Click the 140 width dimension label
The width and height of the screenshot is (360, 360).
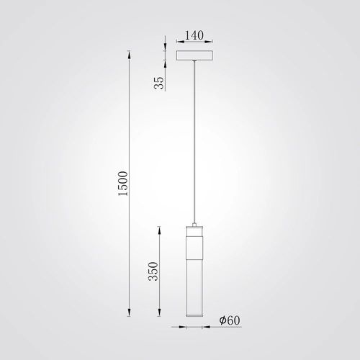[194, 35]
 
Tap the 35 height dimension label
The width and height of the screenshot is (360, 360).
[159, 83]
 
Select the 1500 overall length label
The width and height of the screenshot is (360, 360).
[123, 184]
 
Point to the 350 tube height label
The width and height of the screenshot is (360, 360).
[153, 271]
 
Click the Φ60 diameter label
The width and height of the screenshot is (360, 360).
[230, 320]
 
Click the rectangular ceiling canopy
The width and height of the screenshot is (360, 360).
[194, 55]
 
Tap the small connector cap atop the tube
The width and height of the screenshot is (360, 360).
[194, 225]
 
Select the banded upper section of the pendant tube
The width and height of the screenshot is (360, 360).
[194, 248]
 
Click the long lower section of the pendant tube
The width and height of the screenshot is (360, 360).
[194, 287]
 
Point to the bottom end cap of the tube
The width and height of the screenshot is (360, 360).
[194, 315]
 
